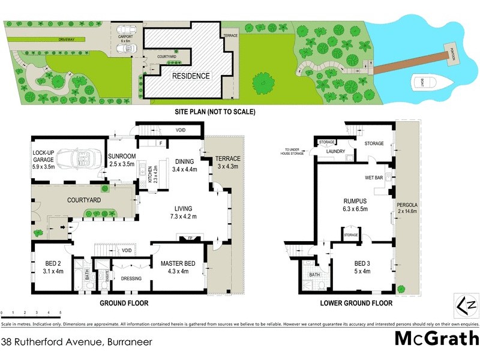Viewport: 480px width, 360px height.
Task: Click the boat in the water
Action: pyautogui.click(x=429, y=83)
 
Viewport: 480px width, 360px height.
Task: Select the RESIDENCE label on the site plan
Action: pyautogui.click(x=191, y=76)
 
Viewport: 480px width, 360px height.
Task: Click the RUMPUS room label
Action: pyautogui.click(x=355, y=201)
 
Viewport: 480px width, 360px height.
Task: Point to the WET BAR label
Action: pyautogui.click(x=374, y=178)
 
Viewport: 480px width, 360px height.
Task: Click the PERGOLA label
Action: pyautogui.click(x=407, y=205)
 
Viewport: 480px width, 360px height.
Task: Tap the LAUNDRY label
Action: pyautogui.click(x=335, y=151)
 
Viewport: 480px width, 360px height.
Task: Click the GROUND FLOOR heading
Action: pyautogui.click(x=124, y=304)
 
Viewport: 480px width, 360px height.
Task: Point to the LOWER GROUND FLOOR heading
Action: pyautogui.click(x=356, y=304)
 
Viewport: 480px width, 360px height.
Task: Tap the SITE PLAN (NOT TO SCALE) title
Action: pyautogui.click(x=214, y=112)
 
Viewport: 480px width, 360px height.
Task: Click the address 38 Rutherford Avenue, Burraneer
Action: pyautogui.click(x=76, y=343)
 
